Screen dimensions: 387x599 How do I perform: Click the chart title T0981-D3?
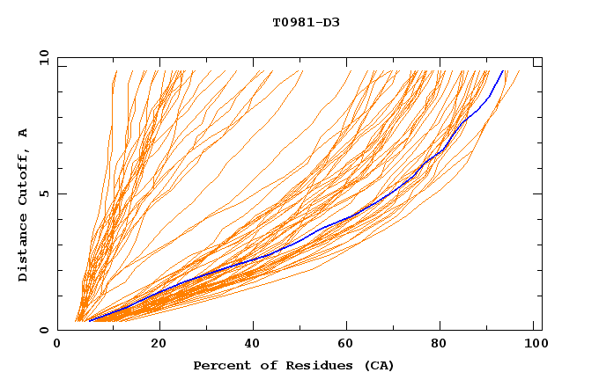coord(306,22)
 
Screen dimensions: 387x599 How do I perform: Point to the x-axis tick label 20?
coord(159,344)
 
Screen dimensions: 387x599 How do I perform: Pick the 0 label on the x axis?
coord(57,344)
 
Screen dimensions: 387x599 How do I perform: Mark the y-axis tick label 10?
coord(43,58)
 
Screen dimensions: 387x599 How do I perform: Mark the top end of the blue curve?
coord(502,71)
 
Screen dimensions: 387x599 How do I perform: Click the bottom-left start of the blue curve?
coord(89,321)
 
